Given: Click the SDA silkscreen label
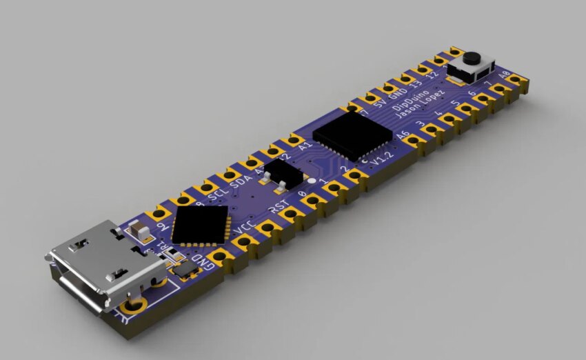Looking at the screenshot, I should [x=243, y=182].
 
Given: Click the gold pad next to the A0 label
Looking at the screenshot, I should [x=513, y=81].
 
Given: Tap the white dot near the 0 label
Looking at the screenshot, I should [x=312, y=181].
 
